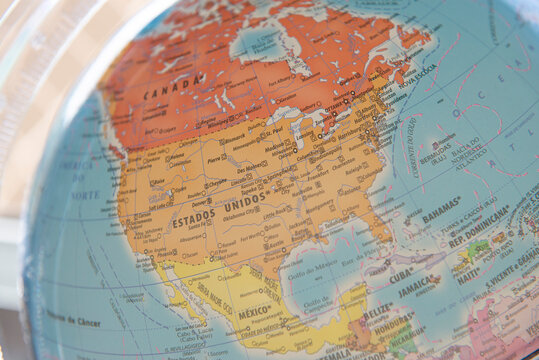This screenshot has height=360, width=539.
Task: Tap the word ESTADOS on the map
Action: coord(194,219)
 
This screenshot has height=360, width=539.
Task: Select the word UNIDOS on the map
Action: coord(246,201)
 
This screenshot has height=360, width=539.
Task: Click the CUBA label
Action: coord(400,273)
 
